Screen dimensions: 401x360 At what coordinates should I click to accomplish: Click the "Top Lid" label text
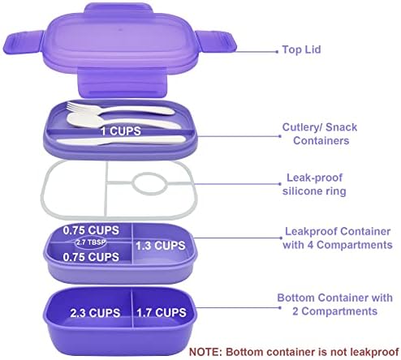click(x=301, y=49)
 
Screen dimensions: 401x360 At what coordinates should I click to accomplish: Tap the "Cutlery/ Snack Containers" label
click(x=320, y=134)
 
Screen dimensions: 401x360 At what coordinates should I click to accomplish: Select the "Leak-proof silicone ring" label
click(x=314, y=184)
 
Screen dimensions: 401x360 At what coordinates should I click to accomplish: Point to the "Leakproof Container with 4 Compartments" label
click(x=338, y=238)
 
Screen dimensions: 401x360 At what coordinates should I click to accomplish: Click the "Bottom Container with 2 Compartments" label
click(x=335, y=304)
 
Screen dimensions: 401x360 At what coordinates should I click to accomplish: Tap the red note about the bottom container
click(x=295, y=352)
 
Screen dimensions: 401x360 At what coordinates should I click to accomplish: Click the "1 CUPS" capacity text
click(x=121, y=131)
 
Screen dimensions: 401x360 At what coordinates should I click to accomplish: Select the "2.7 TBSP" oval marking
click(x=90, y=242)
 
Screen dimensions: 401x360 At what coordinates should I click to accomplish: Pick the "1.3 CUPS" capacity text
click(x=161, y=246)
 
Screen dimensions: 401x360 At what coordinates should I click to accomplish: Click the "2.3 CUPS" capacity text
click(x=95, y=313)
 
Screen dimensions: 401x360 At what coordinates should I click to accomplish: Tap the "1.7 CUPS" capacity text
click(x=162, y=312)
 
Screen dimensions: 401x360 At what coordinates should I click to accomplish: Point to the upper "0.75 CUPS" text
click(x=91, y=230)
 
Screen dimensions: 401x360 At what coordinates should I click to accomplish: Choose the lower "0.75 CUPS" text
click(x=91, y=257)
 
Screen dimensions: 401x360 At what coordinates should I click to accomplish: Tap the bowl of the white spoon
click(x=81, y=119)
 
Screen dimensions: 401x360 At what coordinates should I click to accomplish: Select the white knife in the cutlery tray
click(x=121, y=140)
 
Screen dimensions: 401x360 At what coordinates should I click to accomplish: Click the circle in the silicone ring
click(x=149, y=183)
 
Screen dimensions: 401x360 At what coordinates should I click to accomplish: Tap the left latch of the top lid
click(x=24, y=42)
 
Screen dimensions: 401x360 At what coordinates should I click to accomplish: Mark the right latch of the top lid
click(x=216, y=41)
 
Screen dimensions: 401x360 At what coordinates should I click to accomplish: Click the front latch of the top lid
click(x=122, y=83)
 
